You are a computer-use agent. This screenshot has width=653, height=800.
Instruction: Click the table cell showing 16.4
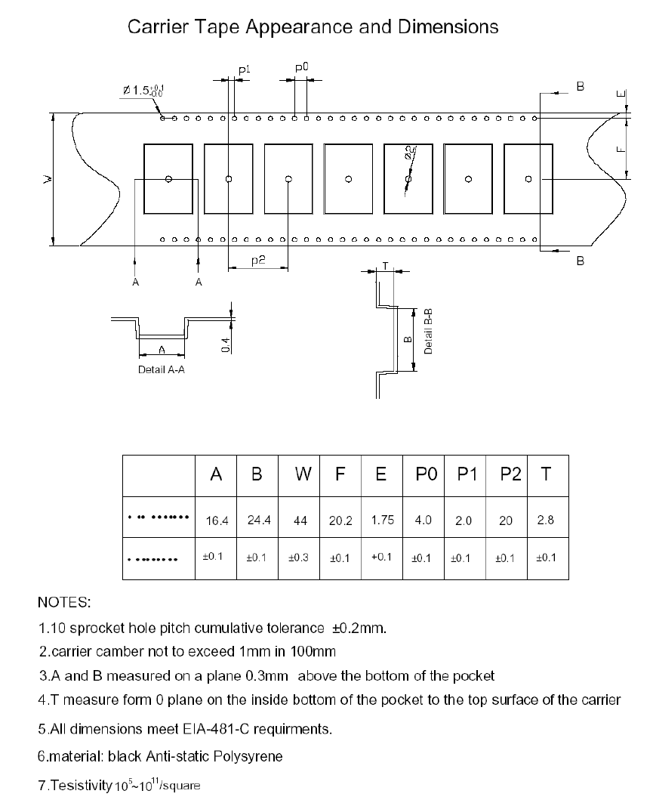[x=216, y=520]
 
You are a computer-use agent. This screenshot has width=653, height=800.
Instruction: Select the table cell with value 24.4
[x=257, y=520]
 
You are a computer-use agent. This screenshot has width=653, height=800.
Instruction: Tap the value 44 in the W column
[x=300, y=520]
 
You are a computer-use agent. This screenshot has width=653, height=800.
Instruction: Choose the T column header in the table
[x=546, y=474]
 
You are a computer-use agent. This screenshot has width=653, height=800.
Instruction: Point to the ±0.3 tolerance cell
[x=299, y=558]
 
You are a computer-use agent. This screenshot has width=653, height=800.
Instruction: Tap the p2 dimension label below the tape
[x=257, y=260]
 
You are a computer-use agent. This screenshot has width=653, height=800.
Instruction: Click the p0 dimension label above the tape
[x=301, y=68]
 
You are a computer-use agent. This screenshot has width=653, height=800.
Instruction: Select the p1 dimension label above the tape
[x=243, y=70]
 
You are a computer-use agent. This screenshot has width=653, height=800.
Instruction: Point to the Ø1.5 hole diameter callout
[x=143, y=91]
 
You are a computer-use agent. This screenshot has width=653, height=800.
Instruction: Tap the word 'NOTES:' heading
[x=64, y=603]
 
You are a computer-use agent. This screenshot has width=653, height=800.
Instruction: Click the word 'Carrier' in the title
[x=155, y=27]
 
